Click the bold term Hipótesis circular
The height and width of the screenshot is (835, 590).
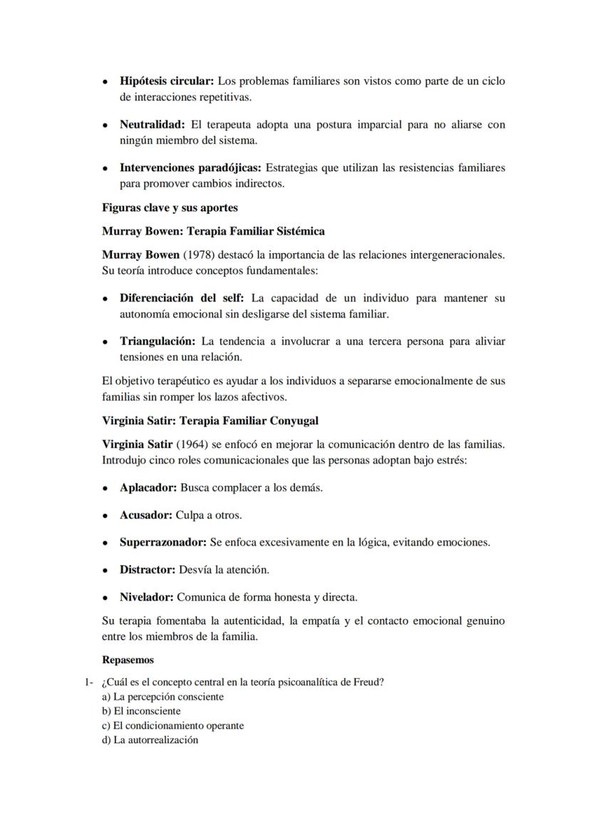tap(166, 81)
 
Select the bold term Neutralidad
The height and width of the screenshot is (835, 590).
tap(152, 125)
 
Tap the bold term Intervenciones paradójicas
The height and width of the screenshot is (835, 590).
tap(191, 168)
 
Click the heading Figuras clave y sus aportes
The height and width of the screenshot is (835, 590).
tap(170, 208)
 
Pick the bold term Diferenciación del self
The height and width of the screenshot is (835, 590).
tap(182, 298)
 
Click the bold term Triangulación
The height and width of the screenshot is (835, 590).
tap(157, 342)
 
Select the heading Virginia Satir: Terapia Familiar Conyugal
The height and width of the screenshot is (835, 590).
tap(210, 421)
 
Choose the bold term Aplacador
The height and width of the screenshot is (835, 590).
tap(148, 488)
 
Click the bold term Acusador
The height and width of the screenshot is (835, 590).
tap(146, 515)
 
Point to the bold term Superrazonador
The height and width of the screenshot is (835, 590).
tap(163, 543)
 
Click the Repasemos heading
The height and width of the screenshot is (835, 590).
tap(128, 660)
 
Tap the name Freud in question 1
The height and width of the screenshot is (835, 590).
tap(368, 682)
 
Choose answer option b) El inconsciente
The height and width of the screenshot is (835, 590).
tap(141, 711)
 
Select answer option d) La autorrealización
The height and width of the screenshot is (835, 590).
tap(150, 740)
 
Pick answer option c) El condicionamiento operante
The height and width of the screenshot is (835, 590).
tap(173, 726)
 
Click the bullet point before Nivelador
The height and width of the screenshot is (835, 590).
tap(105, 598)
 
